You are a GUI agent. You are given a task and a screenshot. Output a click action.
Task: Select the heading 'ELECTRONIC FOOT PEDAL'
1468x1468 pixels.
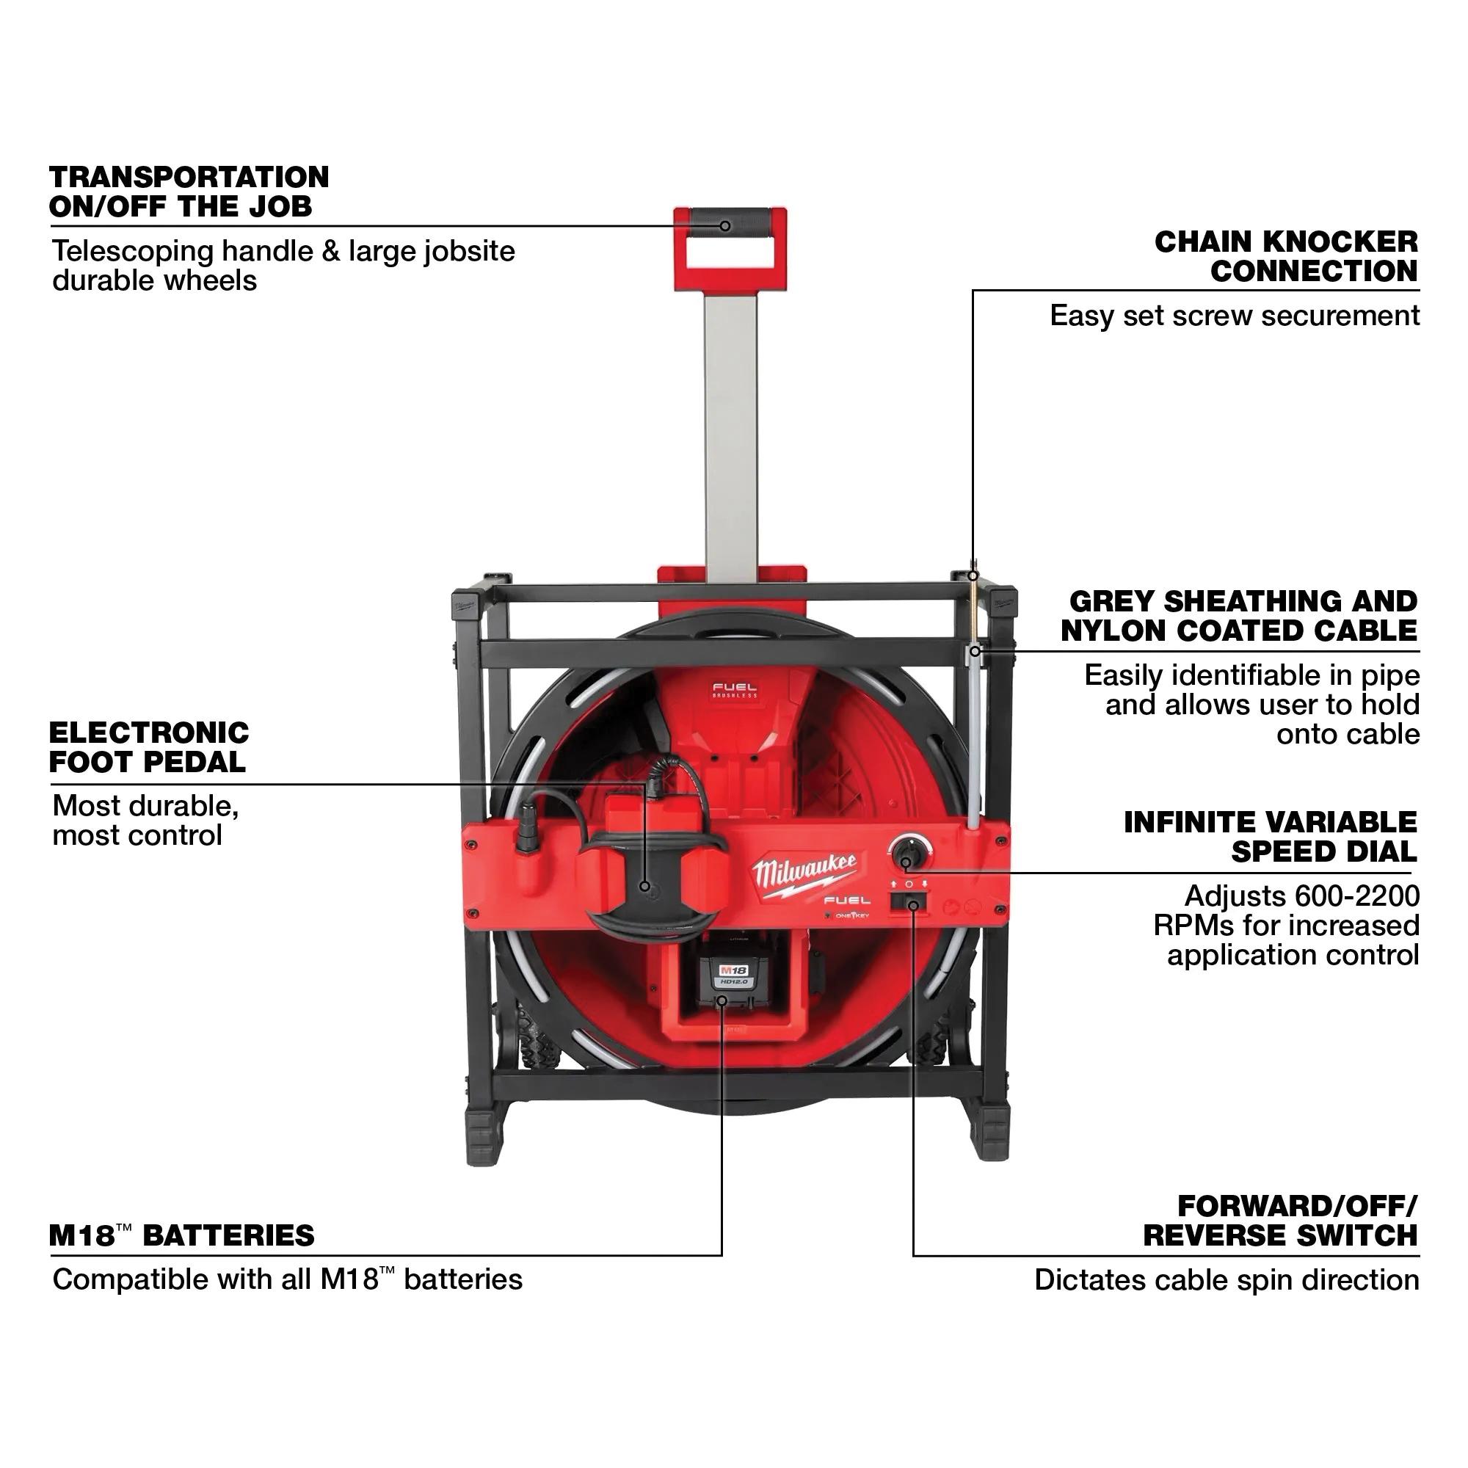[149, 747]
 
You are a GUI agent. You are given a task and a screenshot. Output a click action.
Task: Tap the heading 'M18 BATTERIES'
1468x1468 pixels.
[181, 1235]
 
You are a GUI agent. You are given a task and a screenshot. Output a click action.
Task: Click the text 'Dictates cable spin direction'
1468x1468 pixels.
[1227, 1280]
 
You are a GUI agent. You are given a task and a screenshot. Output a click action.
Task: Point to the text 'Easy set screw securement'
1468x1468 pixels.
[1234, 316]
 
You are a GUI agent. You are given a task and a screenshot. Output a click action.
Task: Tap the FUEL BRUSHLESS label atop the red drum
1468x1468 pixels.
[735, 691]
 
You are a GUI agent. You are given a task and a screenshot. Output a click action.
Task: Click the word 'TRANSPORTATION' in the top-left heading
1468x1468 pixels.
[189, 177]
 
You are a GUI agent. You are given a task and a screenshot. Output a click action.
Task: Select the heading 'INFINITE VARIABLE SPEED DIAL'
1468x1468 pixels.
[1271, 837]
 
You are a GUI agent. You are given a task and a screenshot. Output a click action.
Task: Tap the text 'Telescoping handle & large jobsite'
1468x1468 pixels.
[283, 251]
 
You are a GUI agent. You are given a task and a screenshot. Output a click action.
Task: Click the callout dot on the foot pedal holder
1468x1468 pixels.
[645, 886]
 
